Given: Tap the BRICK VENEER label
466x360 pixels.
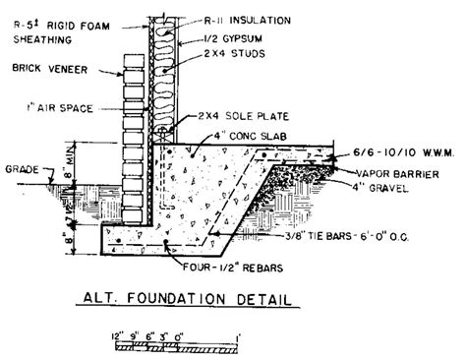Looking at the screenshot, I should click(42, 69).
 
